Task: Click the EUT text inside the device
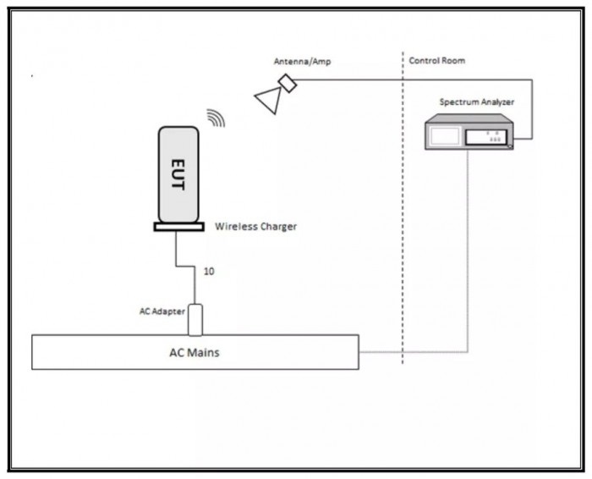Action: click(178, 174)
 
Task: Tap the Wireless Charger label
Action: click(256, 227)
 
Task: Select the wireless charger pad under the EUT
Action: click(179, 227)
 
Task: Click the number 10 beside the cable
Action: click(209, 271)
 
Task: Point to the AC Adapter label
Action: click(162, 311)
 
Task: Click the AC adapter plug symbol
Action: click(195, 320)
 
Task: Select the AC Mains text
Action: click(195, 352)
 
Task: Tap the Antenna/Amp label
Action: click(303, 61)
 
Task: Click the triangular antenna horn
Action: click(270, 99)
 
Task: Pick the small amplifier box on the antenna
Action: click(288, 83)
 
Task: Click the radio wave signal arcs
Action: click(217, 118)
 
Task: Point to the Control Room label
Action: click(437, 60)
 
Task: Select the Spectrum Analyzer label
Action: click(477, 102)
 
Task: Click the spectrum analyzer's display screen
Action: click(445, 136)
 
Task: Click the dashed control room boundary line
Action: click(403, 208)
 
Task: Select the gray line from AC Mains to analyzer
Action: click(468, 352)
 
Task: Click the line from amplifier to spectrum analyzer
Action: click(532, 80)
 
